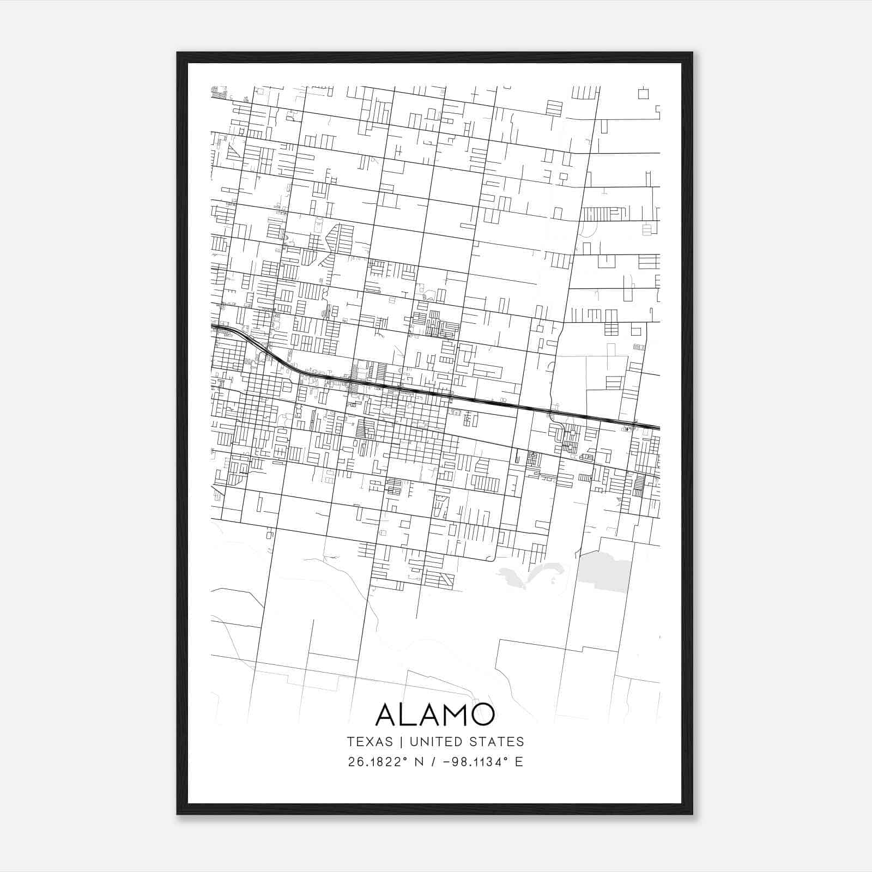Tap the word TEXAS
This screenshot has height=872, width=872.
tap(370, 742)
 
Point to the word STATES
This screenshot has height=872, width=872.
tap(496, 742)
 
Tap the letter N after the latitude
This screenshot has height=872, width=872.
tap(419, 762)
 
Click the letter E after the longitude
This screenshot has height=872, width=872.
tap(519, 762)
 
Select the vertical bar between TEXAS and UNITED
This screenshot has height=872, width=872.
tap(401, 742)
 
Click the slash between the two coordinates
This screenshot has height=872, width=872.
tap(433, 762)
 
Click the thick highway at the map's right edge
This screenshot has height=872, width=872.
tap(651, 427)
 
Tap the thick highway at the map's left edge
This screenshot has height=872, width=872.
tap(218, 327)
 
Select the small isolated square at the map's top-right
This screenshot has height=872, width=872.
tap(644, 93)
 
